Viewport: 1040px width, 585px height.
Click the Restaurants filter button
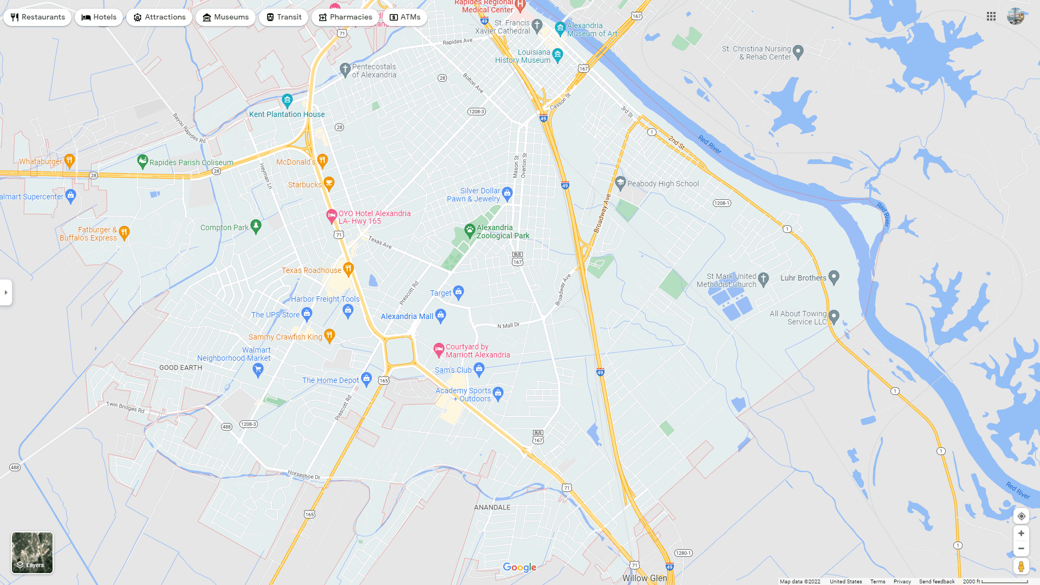pos(37,17)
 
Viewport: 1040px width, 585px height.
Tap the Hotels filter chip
pos(99,17)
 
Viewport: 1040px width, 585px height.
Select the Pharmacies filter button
pos(345,17)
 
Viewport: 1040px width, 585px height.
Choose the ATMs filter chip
pos(405,17)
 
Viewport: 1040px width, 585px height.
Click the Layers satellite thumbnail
pos(32,552)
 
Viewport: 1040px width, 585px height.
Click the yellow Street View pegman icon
pos(1021,567)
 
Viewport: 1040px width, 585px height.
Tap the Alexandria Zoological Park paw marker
pos(470,231)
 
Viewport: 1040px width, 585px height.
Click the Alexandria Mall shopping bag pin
pos(441,315)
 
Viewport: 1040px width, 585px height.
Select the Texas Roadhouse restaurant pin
pos(348,269)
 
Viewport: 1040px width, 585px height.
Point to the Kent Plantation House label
pos(287,114)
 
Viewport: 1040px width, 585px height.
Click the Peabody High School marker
pos(621,183)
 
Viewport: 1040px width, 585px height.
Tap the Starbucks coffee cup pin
pos(329,184)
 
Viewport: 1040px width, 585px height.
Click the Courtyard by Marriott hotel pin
pos(439,350)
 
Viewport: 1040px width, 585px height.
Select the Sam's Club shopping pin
pos(479,369)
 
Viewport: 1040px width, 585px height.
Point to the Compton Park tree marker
pos(256,226)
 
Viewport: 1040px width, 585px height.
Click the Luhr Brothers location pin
pos(834,277)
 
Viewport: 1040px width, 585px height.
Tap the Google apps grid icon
pos(991,17)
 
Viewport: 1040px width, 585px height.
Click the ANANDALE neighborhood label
pos(492,508)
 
